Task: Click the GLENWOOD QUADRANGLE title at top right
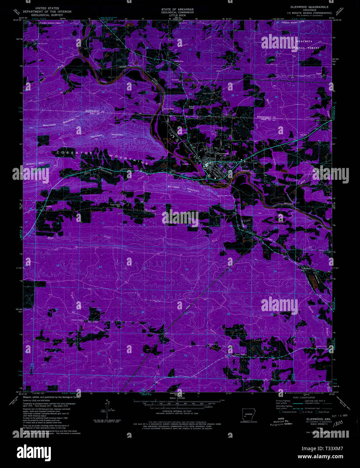click(x=309, y=7)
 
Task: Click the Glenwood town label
click(x=222, y=154)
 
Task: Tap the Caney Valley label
click(x=241, y=355)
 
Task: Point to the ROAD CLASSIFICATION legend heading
click(x=304, y=398)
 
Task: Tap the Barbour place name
click(x=306, y=268)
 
